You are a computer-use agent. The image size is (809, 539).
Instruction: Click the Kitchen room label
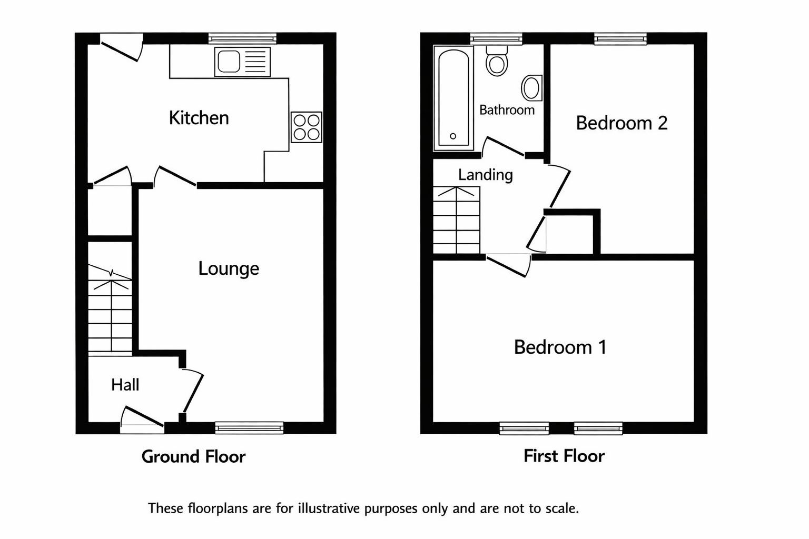click(199, 118)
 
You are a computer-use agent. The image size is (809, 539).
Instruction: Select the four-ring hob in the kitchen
click(306, 127)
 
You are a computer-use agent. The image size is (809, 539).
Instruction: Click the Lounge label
click(229, 268)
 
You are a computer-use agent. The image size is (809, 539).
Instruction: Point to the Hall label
click(125, 385)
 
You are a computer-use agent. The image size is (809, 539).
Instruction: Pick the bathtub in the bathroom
click(453, 98)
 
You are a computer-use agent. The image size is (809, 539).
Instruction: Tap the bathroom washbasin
click(531, 88)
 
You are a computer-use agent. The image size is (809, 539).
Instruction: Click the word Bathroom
click(507, 110)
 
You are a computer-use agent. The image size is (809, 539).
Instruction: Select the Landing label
click(486, 175)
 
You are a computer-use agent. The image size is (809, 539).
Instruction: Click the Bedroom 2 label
click(621, 123)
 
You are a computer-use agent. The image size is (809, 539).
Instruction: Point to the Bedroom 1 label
click(560, 347)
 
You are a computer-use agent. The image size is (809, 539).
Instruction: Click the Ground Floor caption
click(194, 456)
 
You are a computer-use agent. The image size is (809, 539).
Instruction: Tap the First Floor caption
click(564, 456)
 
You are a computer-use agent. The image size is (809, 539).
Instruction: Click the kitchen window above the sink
click(242, 38)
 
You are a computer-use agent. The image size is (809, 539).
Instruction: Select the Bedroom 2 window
click(620, 38)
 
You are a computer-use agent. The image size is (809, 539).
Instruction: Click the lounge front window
click(249, 427)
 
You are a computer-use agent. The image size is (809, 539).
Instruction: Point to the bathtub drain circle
click(453, 136)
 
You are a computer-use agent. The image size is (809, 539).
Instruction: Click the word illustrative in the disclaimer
click(329, 508)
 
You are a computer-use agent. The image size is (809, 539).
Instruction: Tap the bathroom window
click(496, 38)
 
